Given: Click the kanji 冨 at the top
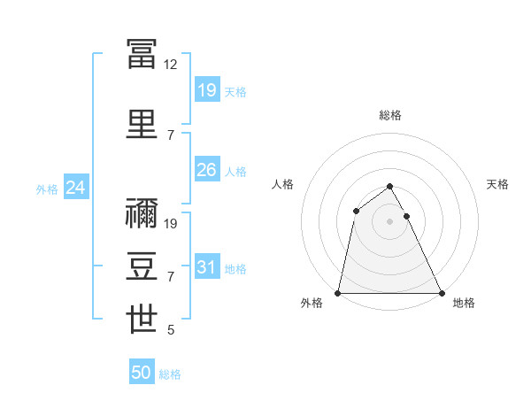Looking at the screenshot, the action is (x=142, y=54).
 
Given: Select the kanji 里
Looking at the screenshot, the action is (x=142, y=124).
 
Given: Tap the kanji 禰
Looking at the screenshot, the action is (x=142, y=213).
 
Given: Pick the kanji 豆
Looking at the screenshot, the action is (x=142, y=266).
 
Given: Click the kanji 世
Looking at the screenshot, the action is (x=142, y=319).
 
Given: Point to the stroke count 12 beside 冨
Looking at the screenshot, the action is (x=170, y=65).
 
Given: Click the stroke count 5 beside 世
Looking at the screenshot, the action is (x=171, y=329).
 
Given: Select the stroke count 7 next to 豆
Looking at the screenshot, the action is (x=171, y=277).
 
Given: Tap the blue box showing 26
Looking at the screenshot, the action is (x=207, y=169).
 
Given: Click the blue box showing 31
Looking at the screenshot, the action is (x=207, y=266).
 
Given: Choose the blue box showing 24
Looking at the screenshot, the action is (x=76, y=187).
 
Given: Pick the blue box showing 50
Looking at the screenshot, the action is (x=142, y=371).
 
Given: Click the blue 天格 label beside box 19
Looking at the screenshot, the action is (x=235, y=92).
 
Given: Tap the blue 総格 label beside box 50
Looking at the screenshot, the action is (x=170, y=374).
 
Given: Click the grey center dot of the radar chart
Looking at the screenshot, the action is (x=389, y=221).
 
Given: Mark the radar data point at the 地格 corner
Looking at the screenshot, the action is (x=442, y=293).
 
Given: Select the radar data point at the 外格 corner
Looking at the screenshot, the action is (x=337, y=293).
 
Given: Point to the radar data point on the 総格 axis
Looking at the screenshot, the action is (x=389, y=187).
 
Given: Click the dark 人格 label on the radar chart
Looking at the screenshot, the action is (x=282, y=184).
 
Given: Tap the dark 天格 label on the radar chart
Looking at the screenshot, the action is (x=497, y=184).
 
